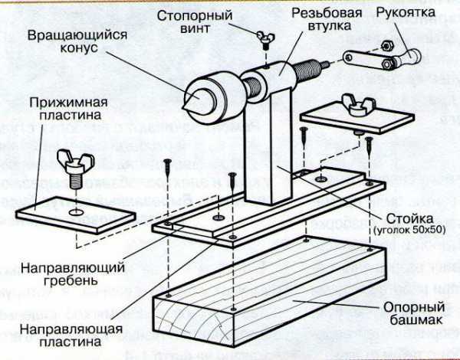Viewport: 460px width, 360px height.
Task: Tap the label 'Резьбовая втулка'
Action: tap(326, 21)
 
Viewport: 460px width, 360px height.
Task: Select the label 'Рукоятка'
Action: tap(406, 13)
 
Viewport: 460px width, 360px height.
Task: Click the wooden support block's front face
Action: tap(199, 322)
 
